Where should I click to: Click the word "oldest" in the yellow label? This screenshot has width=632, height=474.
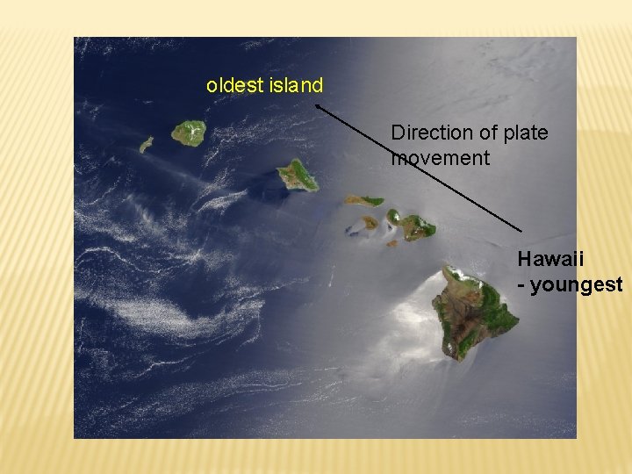(x=231, y=86)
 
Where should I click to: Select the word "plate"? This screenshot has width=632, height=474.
(x=525, y=133)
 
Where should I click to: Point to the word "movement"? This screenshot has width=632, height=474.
(x=440, y=159)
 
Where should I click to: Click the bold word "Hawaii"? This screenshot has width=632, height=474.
(x=550, y=259)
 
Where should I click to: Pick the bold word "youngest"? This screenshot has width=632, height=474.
(x=578, y=284)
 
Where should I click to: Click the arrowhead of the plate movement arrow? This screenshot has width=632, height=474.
(x=317, y=105)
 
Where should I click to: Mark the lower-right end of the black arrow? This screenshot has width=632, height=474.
(x=521, y=231)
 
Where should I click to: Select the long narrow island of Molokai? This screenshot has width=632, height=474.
(x=363, y=200)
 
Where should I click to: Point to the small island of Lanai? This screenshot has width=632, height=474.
(x=371, y=222)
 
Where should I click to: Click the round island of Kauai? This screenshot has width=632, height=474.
(x=189, y=133)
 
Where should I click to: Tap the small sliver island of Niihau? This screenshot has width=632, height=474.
(x=147, y=144)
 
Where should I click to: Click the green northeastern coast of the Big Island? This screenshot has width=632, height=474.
(x=492, y=294)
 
